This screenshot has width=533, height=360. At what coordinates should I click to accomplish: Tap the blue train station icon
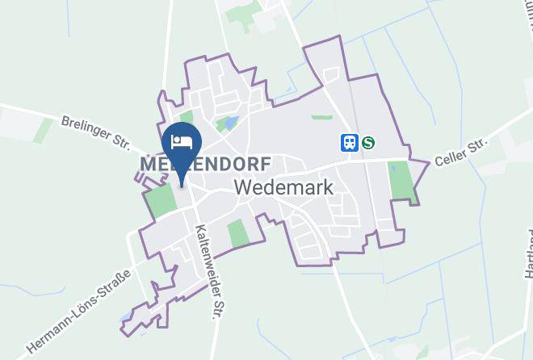point(350,143)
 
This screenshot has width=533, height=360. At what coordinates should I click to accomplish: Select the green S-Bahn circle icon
point(369,143)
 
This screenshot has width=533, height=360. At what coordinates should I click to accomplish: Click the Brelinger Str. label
point(95,132)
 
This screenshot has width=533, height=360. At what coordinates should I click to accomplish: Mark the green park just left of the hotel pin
point(161,201)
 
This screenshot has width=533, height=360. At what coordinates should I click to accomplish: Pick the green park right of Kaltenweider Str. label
point(237,233)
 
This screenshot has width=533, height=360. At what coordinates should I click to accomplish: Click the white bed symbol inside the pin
point(182,142)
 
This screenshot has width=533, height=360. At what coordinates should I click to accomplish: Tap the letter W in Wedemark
point(243,186)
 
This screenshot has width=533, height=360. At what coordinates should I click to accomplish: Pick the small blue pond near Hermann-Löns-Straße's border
point(123,316)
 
